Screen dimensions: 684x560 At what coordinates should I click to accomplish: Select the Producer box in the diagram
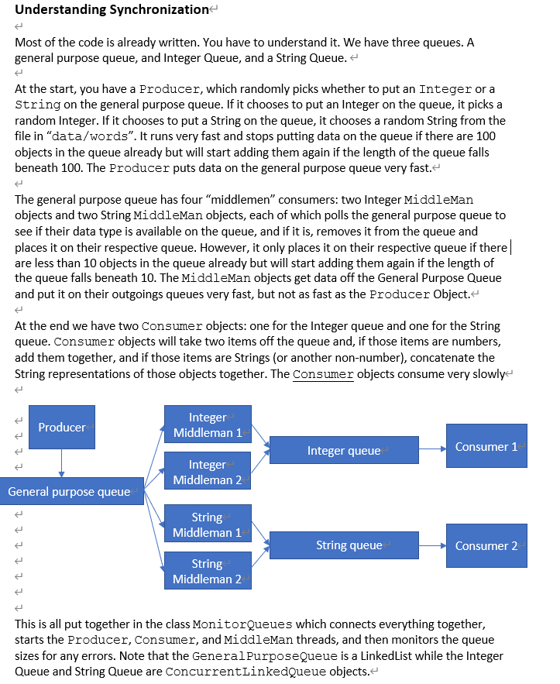pyautogui.click(x=62, y=427)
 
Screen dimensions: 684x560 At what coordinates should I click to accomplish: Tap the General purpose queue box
pyautogui.click(x=71, y=492)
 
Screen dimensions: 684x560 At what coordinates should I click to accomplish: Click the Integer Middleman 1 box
pyautogui.click(x=208, y=424)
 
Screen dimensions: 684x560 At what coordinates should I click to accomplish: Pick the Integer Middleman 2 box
pyautogui.click(x=208, y=472)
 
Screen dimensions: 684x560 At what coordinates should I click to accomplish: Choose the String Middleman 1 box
pyautogui.click(x=207, y=524)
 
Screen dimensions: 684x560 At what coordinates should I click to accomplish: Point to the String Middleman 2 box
pyautogui.click(x=207, y=571)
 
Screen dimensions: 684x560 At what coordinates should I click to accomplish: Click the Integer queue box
pyautogui.click(x=343, y=451)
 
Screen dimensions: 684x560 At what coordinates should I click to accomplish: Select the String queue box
pyautogui.click(x=343, y=545)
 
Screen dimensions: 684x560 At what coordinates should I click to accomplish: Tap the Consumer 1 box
pyautogui.click(x=486, y=446)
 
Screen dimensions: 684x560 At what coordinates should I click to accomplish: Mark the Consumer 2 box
pyautogui.click(x=486, y=545)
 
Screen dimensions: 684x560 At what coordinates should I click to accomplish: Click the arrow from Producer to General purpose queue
pyautogui.click(x=61, y=463)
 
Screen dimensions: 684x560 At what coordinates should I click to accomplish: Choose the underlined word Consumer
pyautogui.click(x=323, y=374)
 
